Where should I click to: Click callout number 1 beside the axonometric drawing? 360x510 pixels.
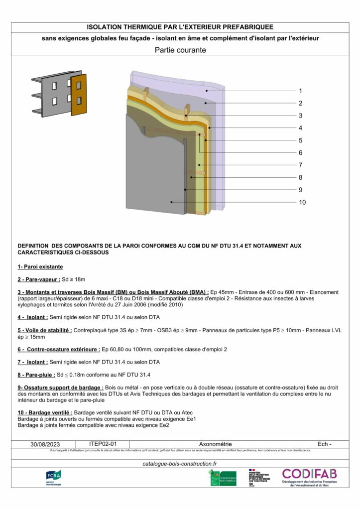tap(300, 91)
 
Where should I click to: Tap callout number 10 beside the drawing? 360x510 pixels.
tap(302, 202)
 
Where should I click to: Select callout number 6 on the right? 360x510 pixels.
tap(300, 153)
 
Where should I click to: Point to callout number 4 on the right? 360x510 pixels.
tap(300, 128)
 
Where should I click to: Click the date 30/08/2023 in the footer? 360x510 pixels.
tap(45, 444)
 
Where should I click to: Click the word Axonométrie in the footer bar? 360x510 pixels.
tap(215, 444)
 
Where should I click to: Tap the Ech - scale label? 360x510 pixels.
tap(324, 444)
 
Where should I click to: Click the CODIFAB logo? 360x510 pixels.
tap(309, 477)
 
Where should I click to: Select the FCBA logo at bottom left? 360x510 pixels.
tap(53, 478)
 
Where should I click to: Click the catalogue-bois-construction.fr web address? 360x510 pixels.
tap(180, 464)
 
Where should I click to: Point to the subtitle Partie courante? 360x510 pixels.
tap(180, 50)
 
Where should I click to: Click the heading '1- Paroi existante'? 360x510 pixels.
tap(37, 267)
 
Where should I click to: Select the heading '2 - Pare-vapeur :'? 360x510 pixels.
tap(39, 279)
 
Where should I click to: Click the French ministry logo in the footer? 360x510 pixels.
tap(259, 477)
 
